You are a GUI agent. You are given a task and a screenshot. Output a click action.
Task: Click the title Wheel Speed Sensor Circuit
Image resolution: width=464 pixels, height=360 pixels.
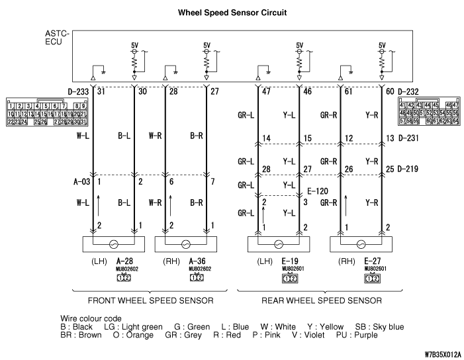click(x=232, y=13)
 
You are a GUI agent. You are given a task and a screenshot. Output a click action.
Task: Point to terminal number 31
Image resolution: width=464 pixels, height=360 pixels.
click(x=101, y=91)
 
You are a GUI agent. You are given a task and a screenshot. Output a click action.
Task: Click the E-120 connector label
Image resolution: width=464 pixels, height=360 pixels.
click(x=317, y=191)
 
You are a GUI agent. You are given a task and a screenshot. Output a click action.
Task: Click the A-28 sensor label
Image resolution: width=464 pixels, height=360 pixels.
click(x=124, y=261)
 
